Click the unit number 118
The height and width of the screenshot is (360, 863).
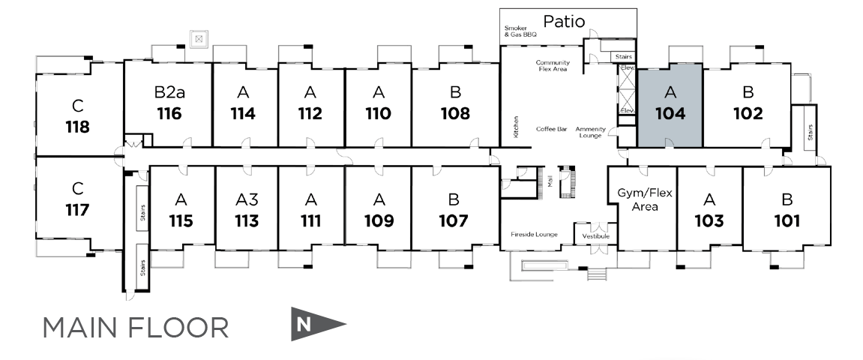coord(77,126)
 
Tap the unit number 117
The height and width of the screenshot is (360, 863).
coord(77,209)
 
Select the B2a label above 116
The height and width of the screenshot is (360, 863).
coord(169,93)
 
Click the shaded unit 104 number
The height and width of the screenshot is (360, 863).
coord(670,113)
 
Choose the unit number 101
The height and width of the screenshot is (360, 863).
coord(787,221)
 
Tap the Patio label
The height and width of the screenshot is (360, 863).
coord(565,21)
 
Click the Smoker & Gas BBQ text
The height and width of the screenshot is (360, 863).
coord(520,31)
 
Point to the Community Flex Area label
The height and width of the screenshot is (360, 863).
coord(553,66)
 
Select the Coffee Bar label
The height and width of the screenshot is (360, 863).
coord(551,129)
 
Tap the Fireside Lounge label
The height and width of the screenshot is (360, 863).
coord(534,235)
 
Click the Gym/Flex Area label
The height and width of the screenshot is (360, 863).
coord(644,199)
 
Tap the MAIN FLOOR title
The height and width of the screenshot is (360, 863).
coord(135,328)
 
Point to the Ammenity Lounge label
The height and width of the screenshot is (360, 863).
coord(590,132)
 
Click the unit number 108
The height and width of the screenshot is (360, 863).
coord(455,113)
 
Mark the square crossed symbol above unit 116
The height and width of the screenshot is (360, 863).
coord(199,37)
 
